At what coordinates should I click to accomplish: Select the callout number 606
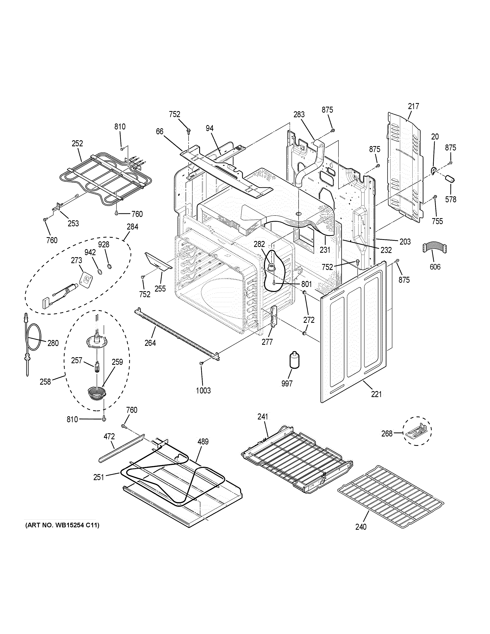(435, 267)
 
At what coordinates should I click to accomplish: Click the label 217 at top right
(413, 106)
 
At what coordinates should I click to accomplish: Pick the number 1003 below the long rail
(203, 390)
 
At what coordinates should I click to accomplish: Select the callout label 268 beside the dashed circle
(387, 433)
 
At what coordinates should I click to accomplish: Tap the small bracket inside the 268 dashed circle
(416, 432)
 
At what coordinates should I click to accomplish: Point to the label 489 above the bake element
(203, 441)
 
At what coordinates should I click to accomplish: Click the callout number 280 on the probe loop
(53, 343)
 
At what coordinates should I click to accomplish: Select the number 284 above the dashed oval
(132, 227)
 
